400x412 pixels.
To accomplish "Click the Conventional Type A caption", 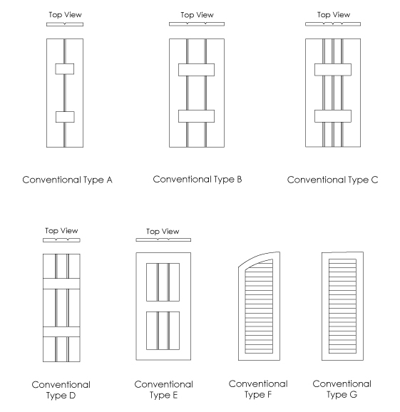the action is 67,180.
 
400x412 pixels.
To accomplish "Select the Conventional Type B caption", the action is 198,180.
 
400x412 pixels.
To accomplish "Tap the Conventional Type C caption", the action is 332,180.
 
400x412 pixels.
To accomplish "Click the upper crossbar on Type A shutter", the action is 65,69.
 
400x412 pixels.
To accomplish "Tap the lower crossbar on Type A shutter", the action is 65,117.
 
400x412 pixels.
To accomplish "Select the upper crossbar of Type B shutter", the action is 196,70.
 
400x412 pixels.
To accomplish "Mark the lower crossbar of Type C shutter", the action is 333,116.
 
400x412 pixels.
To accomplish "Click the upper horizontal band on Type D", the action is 61,284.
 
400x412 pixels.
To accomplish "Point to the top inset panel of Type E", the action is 163,282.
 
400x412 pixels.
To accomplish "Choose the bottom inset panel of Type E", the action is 163,331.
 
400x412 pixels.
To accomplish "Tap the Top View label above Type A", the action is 65,15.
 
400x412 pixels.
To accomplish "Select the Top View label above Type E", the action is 163,232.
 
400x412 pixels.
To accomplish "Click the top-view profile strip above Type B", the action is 197,24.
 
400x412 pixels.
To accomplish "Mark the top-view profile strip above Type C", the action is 333,24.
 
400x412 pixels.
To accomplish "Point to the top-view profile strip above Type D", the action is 61,240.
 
